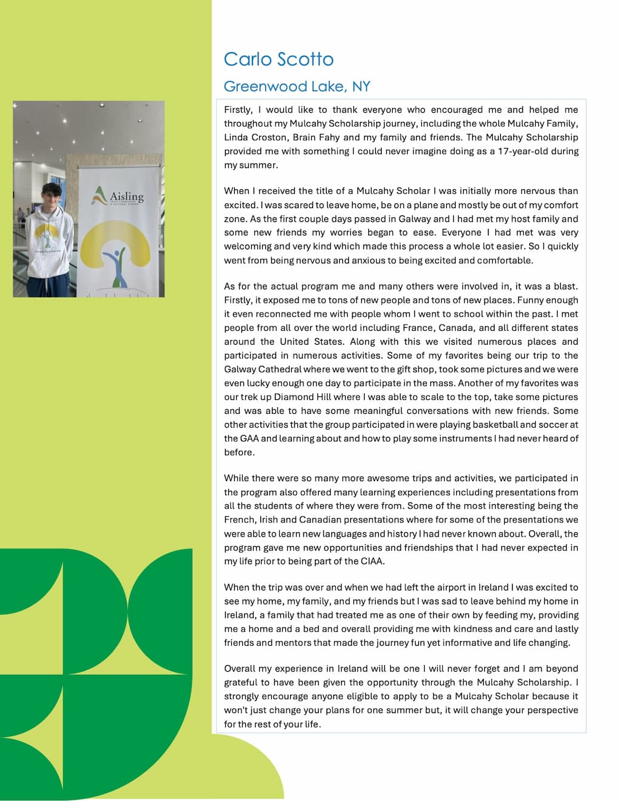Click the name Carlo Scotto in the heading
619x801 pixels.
click(x=279, y=59)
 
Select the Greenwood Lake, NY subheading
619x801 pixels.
click(x=297, y=86)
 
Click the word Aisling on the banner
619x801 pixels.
click(x=127, y=197)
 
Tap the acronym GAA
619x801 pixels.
click(x=241, y=438)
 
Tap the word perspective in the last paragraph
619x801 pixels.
click(x=550, y=710)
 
